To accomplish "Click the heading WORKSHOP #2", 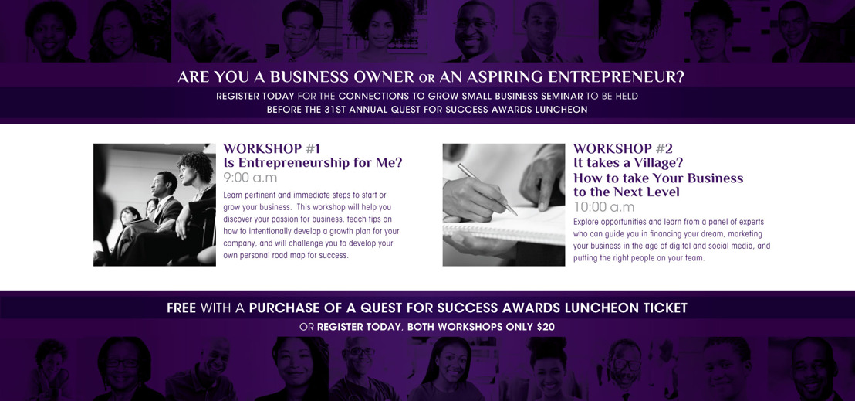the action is pyautogui.click(x=623, y=148).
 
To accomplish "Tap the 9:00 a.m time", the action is pyautogui.click(x=250, y=178).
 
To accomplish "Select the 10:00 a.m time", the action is pyautogui.click(x=603, y=207).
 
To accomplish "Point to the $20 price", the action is pyautogui.click(x=546, y=328).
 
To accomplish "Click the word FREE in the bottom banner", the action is pyautogui.click(x=181, y=308).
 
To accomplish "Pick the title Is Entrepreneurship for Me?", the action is pyautogui.click(x=313, y=163).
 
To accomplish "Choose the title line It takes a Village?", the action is pyautogui.click(x=628, y=163).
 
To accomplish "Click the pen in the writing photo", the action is pyautogui.click(x=487, y=189).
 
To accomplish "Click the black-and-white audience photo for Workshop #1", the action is pyautogui.click(x=154, y=205).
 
